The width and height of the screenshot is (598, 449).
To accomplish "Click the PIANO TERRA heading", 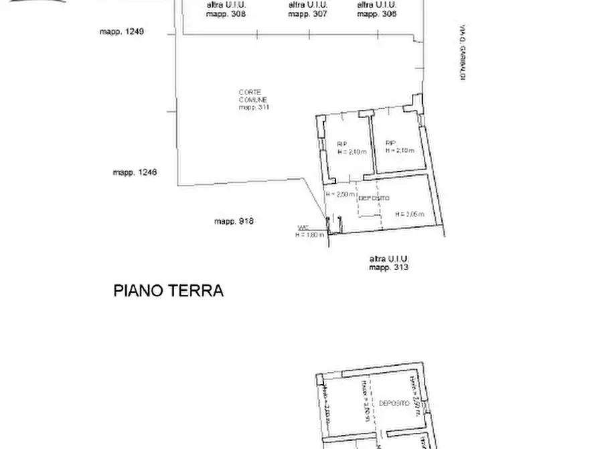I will (x=168, y=291).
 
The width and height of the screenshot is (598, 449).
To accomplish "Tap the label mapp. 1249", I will (x=122, y=31).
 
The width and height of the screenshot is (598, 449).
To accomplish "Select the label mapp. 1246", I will (x=135, y=172).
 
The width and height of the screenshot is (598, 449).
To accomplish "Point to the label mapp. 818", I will (x=234, y=221).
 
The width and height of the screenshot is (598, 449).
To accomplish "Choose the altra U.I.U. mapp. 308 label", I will (x=226, y=9).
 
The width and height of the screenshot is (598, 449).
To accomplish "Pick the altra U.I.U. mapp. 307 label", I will (x=307, y=9).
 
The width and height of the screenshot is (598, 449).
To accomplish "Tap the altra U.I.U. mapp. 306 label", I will (x=376, y=9).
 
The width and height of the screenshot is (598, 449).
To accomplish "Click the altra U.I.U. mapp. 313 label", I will (x=389, y=263).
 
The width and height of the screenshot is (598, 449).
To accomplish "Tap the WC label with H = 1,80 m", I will (x=309, y=231).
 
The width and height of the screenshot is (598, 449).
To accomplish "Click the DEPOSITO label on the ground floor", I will (x=374, y=199).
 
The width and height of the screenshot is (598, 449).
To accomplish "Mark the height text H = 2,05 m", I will (x=410, y=214).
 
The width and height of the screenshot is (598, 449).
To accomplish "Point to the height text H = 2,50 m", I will (x=340, y=194).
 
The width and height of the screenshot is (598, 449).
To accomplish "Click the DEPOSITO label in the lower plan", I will (x=394, y=403).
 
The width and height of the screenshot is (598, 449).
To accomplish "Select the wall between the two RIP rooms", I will (x=370, y=144).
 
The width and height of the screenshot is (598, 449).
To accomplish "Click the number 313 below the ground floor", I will (x=401, y=267).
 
